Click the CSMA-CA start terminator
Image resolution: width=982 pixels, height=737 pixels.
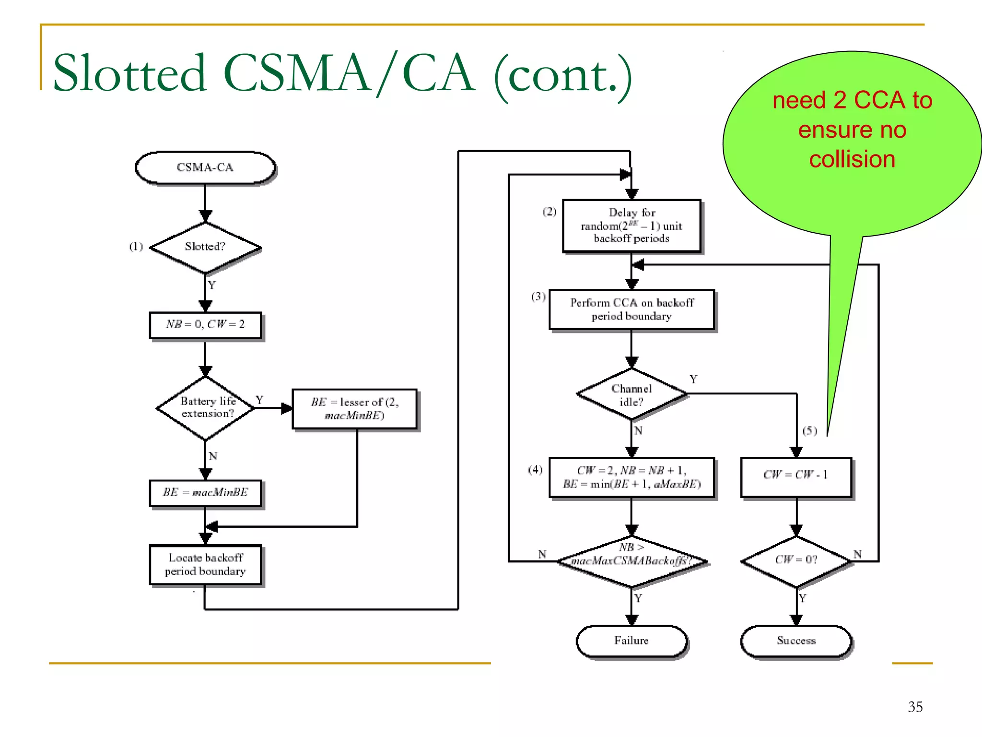[205, 167]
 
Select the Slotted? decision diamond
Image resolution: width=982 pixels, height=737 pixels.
[205, 247]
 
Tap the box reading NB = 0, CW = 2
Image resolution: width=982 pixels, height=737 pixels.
[205, 325]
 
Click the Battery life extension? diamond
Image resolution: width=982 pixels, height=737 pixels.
[206, 408]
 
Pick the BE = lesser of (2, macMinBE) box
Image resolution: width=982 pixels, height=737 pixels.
[354, 408]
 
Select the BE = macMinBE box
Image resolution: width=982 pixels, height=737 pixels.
[205, 493]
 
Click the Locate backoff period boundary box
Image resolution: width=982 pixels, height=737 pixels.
[205, 564]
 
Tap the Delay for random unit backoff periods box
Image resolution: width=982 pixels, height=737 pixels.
[631, 226]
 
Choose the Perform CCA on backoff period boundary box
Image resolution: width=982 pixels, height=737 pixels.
[631, 309]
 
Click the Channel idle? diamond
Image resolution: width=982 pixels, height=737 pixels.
[631, 394]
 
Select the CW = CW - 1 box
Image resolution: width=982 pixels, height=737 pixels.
[796, 476]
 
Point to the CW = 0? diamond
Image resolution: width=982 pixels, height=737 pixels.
[796, 560]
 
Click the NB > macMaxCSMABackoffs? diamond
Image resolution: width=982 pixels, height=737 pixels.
[631, 560]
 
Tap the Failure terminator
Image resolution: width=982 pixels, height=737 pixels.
[631, 641]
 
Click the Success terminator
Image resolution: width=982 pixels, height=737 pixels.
[796, 641]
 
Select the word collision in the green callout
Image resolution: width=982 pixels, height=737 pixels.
[852, 159]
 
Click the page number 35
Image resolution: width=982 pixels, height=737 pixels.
[915, 707]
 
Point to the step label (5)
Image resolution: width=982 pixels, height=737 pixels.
[809, 430]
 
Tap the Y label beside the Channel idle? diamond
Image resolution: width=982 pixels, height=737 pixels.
[693, 379]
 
